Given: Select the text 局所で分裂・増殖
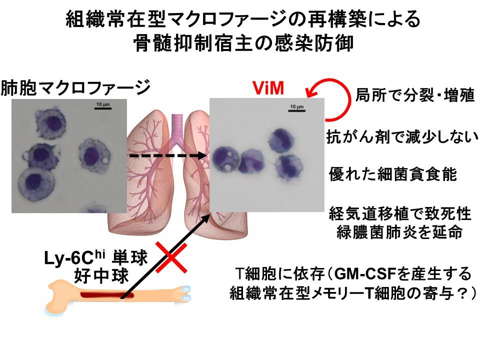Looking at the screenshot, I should coord(414,95).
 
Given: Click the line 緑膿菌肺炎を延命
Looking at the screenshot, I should coord(399,233).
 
